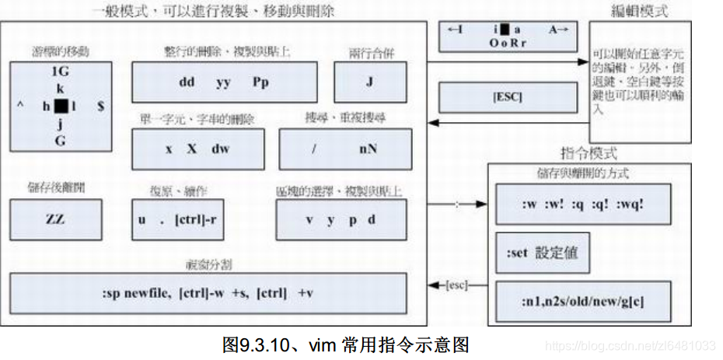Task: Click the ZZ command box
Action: (55, 219)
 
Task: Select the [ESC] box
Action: (507, 97)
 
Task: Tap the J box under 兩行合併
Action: (370, 82)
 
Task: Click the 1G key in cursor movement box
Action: (60, 72)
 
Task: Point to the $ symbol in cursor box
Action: (101, 107)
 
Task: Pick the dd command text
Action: (187, 82)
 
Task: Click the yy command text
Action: (223, 82)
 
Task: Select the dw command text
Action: (220, 148)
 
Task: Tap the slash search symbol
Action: (313, 149)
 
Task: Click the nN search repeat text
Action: (368, 149)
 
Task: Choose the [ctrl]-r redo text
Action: (198, 219)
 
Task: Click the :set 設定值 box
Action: (542, 253)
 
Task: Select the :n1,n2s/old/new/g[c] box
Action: (582, 301)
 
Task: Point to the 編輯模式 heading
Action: (640, 11)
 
